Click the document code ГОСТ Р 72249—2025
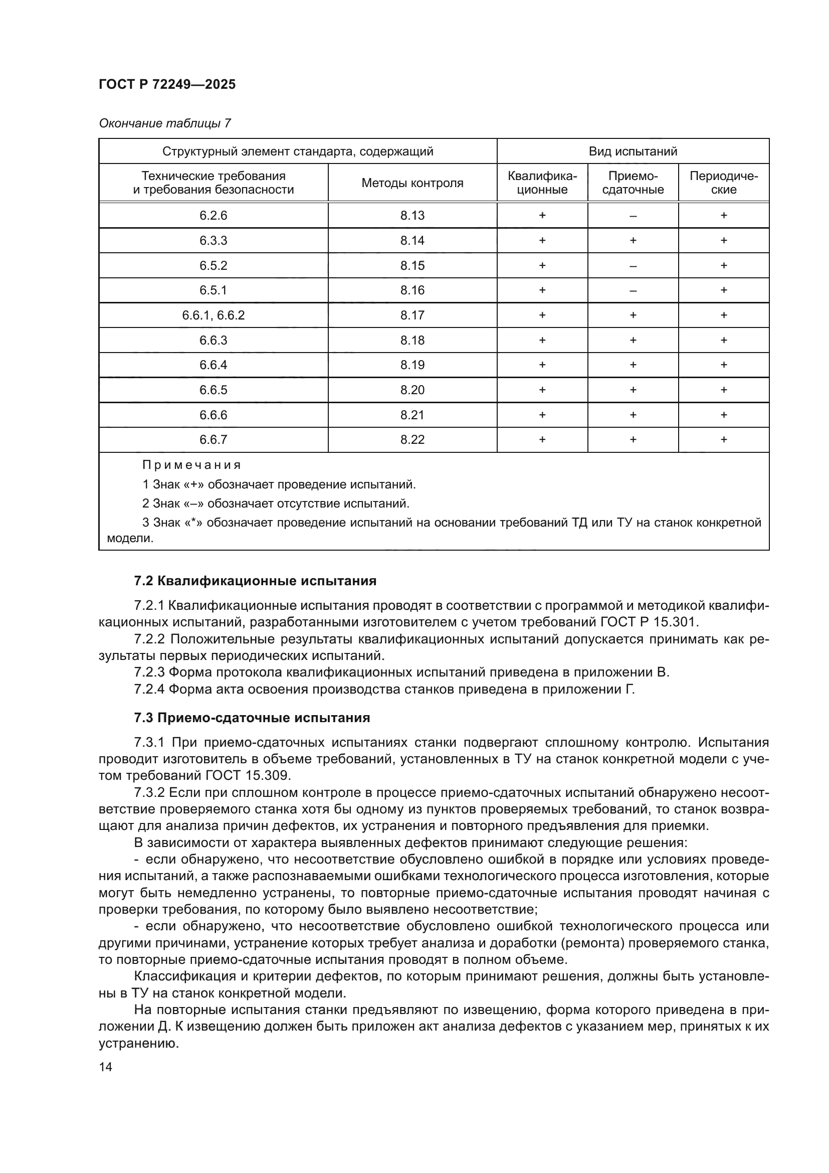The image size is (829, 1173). point(167,84)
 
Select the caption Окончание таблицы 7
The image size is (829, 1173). point(164,123)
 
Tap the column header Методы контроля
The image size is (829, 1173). point(412,183)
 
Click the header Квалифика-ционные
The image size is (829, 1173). point(542,183)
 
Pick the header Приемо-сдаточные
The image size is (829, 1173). point(633,183)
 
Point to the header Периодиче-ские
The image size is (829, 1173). point(723,183)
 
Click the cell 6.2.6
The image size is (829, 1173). point(213,216)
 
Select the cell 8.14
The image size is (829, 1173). point(412,241)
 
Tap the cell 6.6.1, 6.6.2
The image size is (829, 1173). point(213,315)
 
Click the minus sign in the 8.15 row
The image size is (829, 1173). point(633,266)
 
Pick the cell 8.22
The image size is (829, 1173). point(412,440)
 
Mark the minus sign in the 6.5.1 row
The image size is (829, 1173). point(633,291)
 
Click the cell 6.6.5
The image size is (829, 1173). point(213,390)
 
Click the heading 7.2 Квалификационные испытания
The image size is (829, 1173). point(255,581)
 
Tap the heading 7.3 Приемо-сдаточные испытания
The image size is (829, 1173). point(252,718)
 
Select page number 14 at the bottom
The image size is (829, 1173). point(106,1067)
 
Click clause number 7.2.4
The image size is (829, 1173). point(148,689)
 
